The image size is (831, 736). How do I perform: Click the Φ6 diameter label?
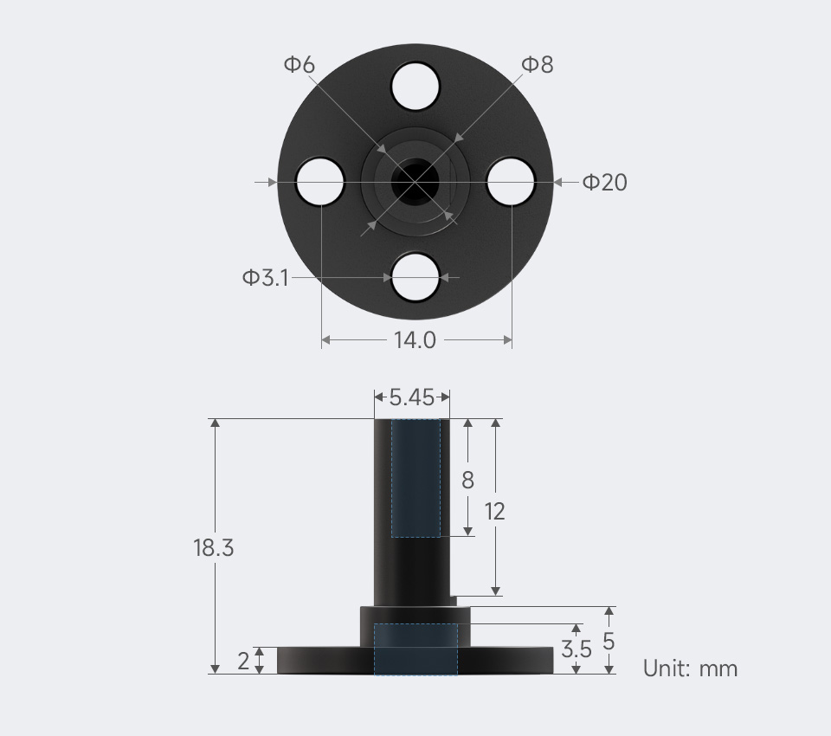coord(300,64)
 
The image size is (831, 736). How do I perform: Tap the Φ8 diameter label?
coord(538,64)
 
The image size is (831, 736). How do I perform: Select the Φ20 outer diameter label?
coord(605,182)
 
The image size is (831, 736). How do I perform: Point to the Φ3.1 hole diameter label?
coord(266,277)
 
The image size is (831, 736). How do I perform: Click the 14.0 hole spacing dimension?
coord(415,340)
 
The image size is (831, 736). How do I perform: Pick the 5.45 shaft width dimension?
coord(412,397)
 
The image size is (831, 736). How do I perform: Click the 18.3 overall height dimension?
coord(213,547)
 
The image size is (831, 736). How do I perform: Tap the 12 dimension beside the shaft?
coord(494,511)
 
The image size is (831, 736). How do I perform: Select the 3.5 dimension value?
coord(577,649)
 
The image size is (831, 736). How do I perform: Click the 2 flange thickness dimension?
coord(243,661)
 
